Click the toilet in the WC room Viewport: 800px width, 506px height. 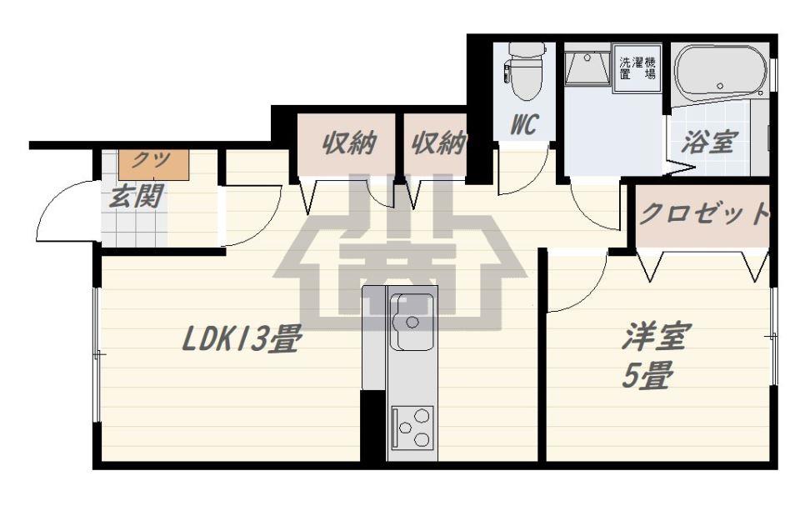(x=524, y=72)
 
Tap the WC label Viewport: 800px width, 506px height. (x=524, y=124)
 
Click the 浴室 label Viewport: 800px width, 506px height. (x=710, y=143)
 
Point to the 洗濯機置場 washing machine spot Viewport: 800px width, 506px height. (x=637, y=68)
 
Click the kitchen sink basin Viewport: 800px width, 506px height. (x=412, y=322)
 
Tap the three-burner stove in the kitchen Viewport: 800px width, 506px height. (x=412, y=428)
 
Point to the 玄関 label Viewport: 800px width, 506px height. (x=137, y=196)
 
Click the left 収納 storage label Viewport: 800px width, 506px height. (x=349, y=143)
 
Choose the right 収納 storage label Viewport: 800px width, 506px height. (x=438, y=143)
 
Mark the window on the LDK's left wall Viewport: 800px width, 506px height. (x=97, y=354)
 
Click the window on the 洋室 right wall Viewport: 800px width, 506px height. (x=773, y=336)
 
